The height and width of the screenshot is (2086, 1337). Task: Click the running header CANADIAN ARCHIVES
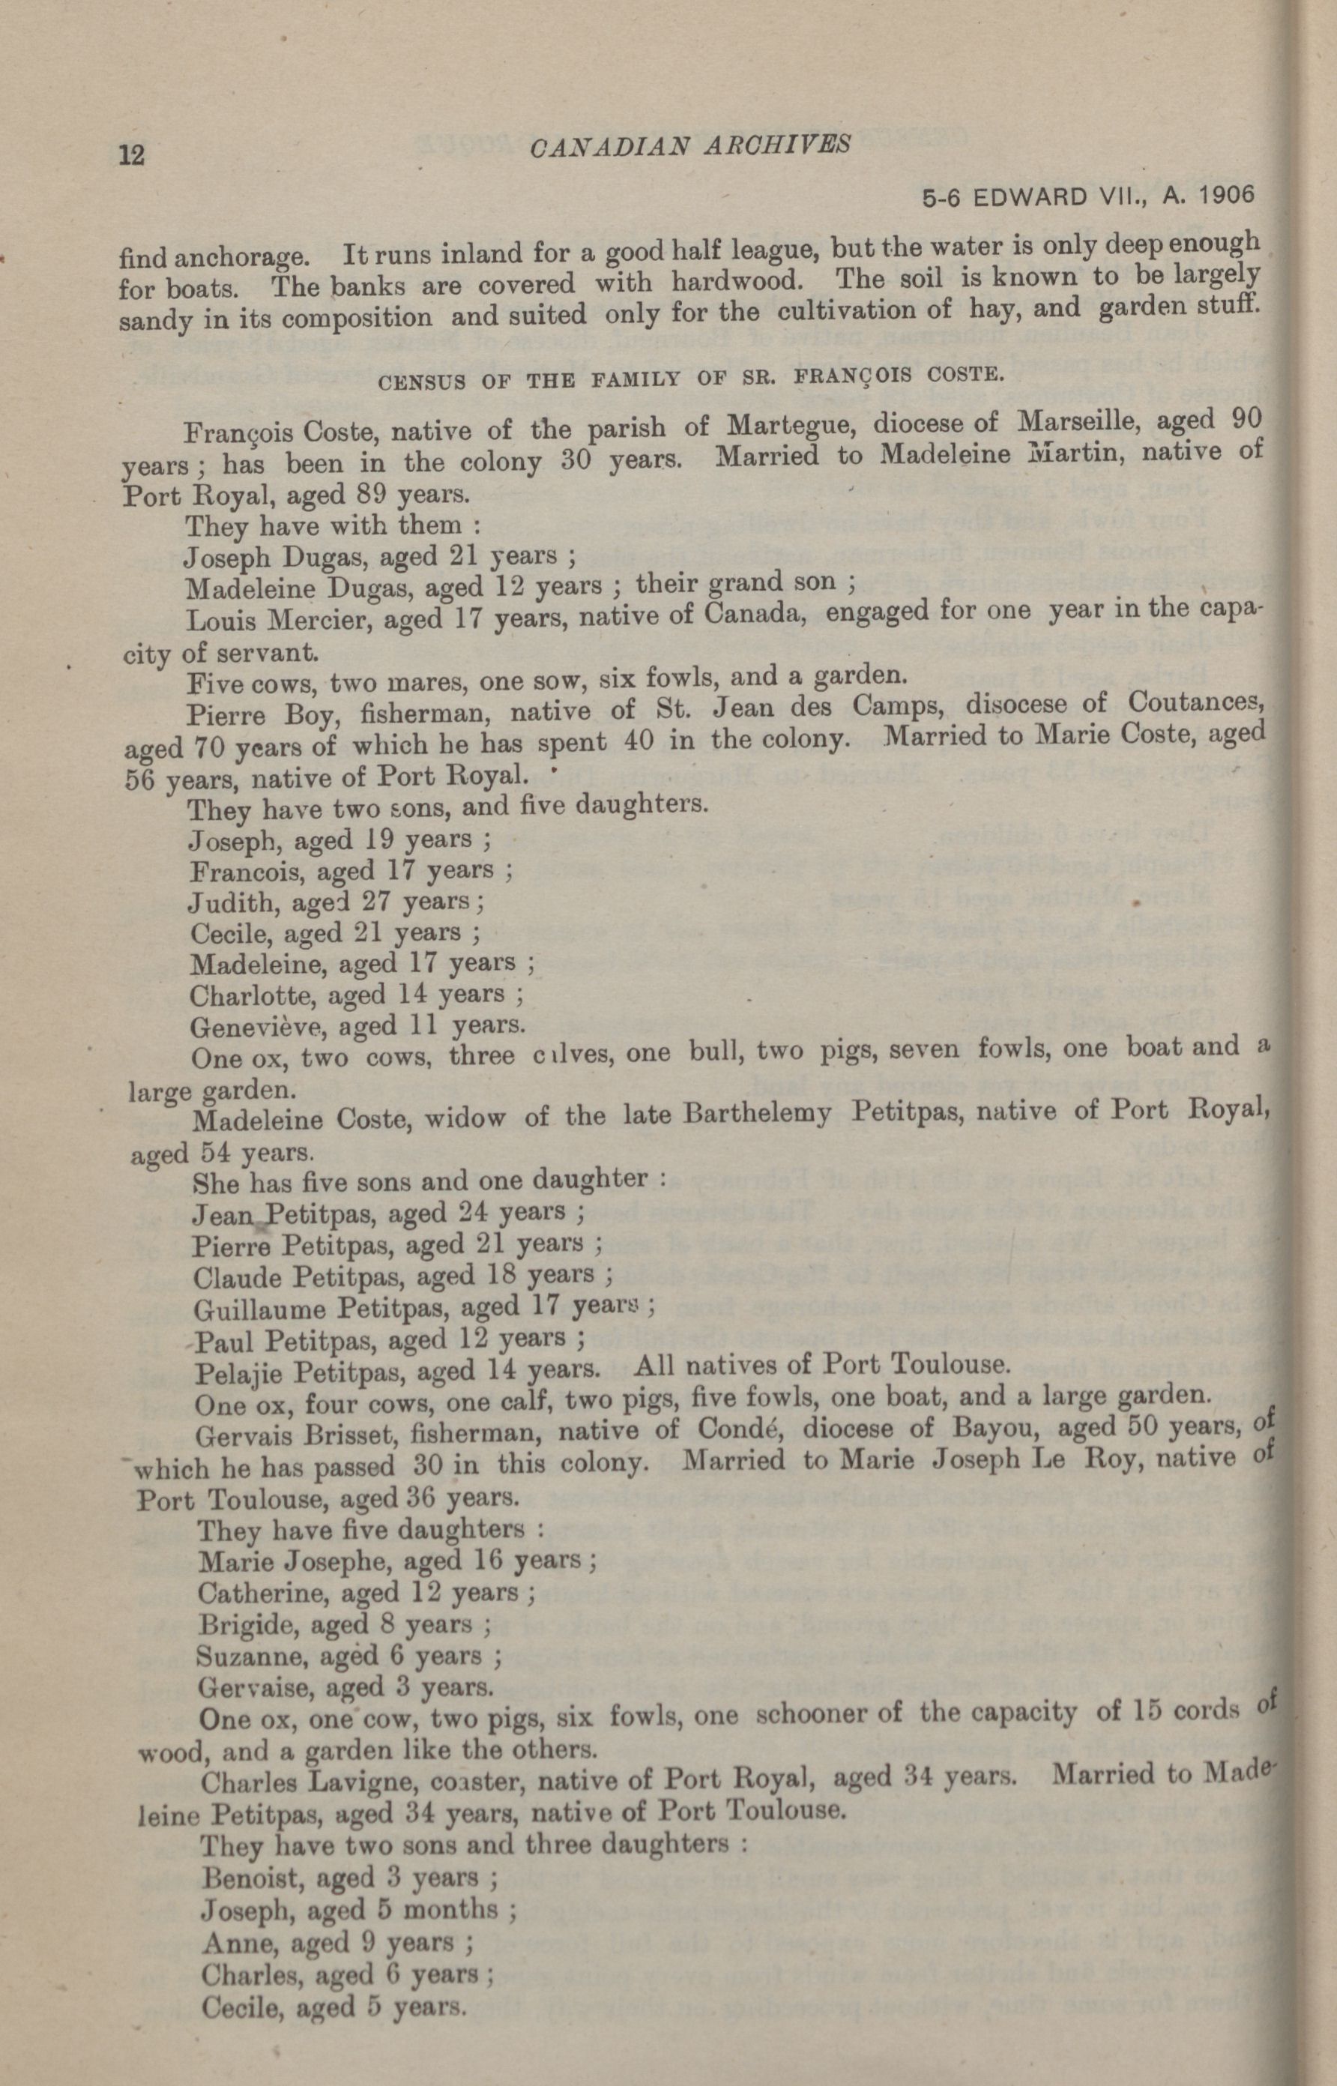[689, 145]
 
